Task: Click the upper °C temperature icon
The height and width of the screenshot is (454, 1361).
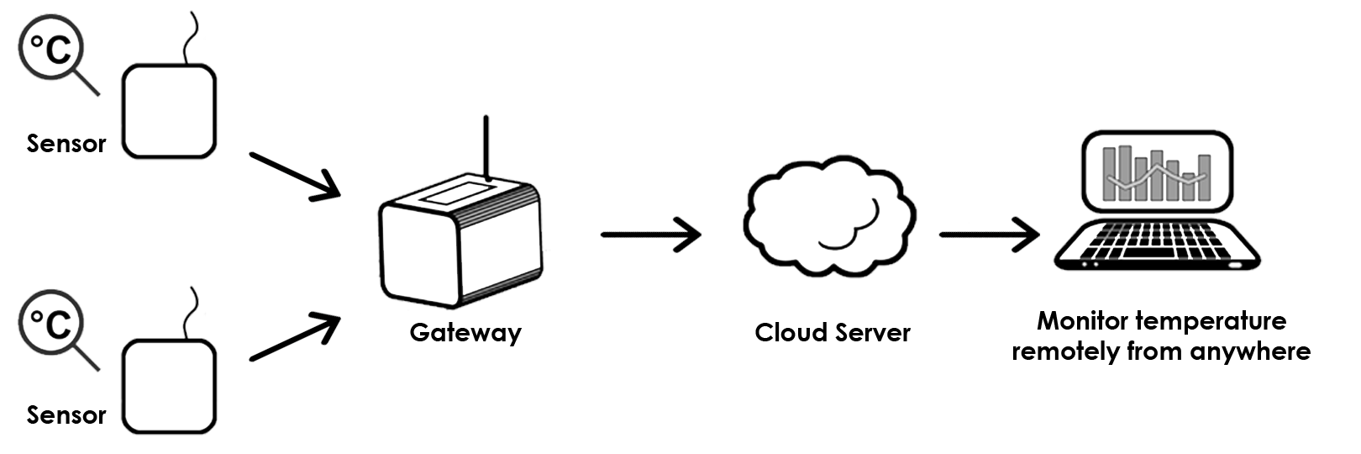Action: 51,50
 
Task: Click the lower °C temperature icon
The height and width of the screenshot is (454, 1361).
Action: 51,321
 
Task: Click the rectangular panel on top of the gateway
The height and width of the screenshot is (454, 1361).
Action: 458,195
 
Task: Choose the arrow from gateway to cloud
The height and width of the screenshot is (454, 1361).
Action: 650,233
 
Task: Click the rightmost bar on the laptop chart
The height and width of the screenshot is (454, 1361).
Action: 1204,177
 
